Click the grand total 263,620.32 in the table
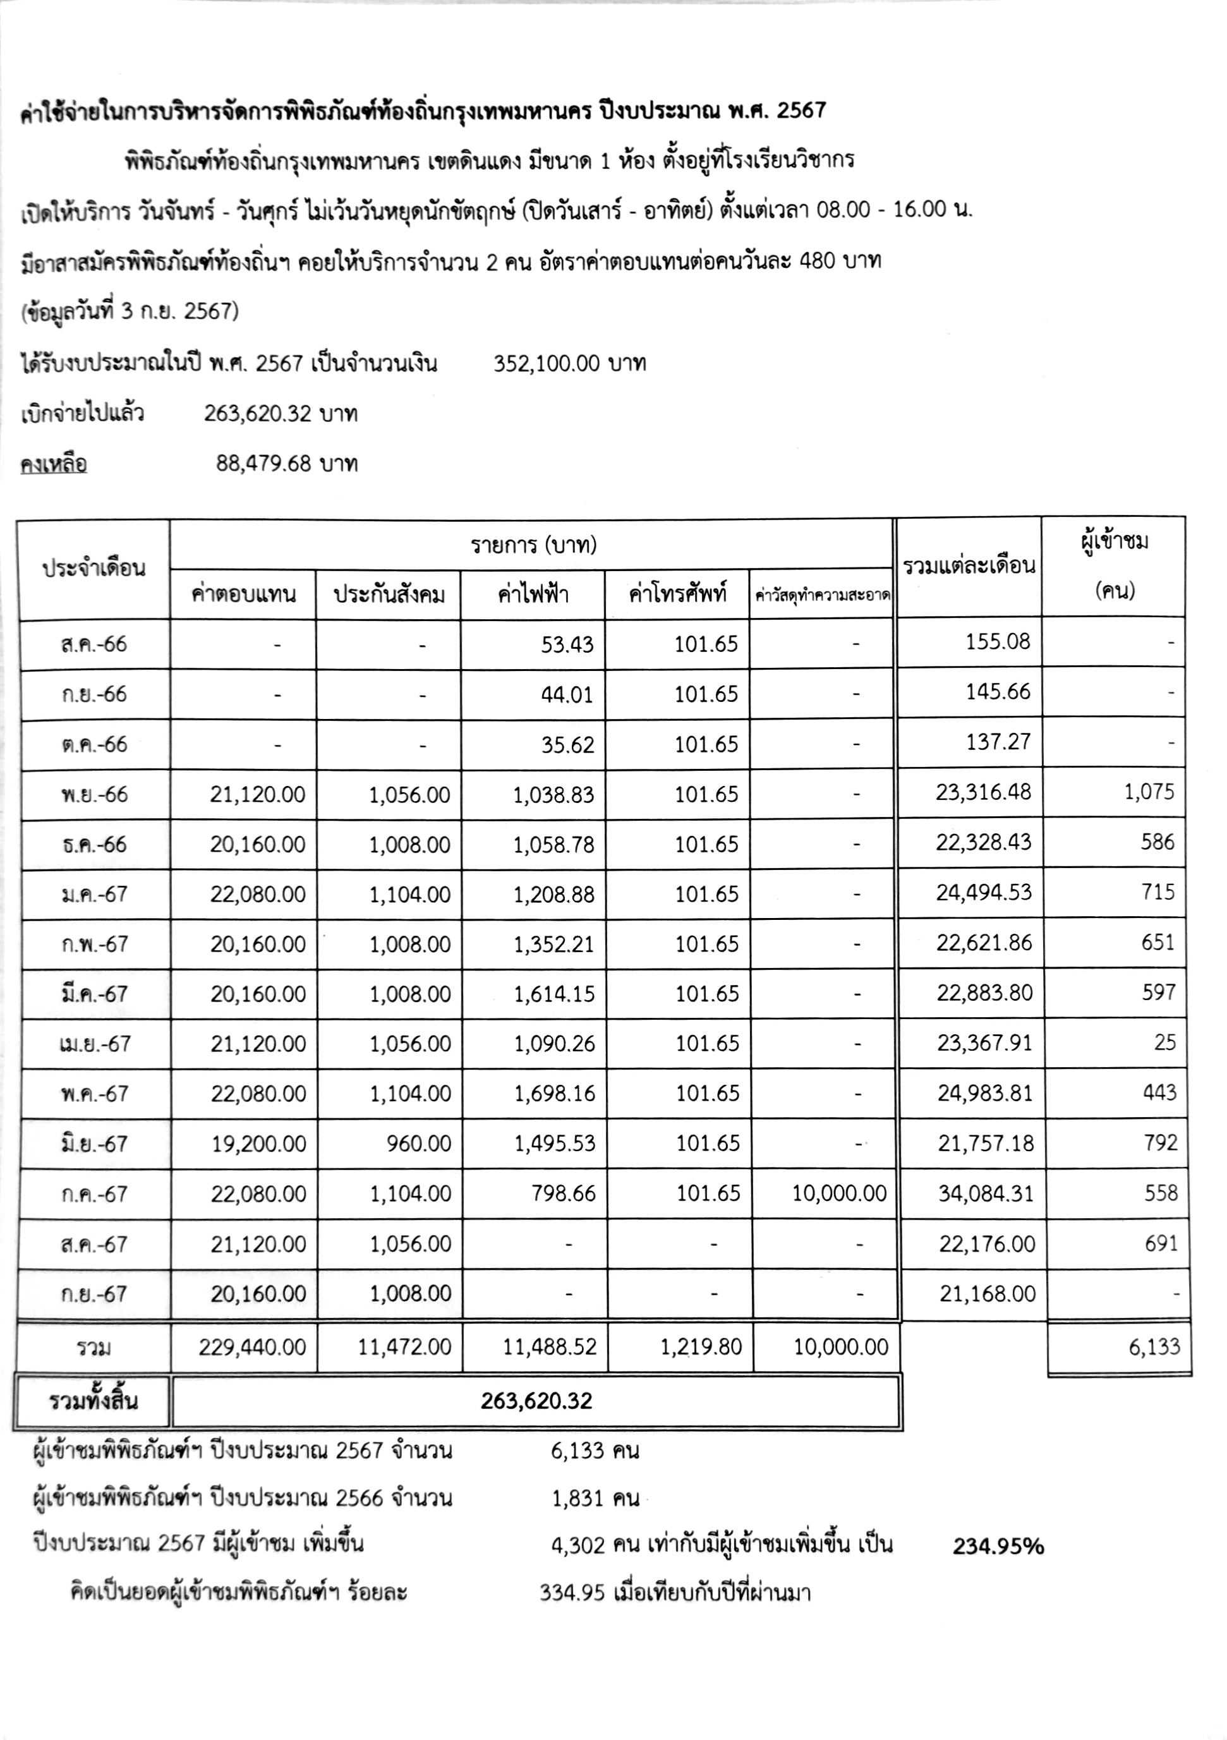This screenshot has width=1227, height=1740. pyautogui.click(x=536, y=1401)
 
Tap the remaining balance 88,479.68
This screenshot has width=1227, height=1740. pyautogui.click(x=263, y=463)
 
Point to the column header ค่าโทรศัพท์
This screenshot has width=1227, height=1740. pyautogui.click(x=677, y=594)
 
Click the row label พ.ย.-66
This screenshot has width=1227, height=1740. pyautogui.click(x=94, y=794)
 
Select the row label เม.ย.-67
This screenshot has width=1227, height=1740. pyautogui.click(x=94, y=1044)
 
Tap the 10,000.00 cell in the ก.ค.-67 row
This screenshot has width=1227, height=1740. pyautogui.click(x=839, y=1193)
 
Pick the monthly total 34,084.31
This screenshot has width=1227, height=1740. pyautogui.click(x=985, y=1193)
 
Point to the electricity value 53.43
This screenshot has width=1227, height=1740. pyautogui.click(x=567, y=645)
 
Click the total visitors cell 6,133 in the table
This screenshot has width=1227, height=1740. pyautogui.click(x=1154, y=1346)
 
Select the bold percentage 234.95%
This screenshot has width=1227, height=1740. pyautogui.click(x=998, y=1546)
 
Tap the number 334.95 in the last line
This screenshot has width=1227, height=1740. pyautogui.click(x=571, y=1592)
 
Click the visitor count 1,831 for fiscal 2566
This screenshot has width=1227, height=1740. pyautogui.click(x=577, y=1498)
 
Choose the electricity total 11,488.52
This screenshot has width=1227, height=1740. pyautogui.click(x=550, y=1346)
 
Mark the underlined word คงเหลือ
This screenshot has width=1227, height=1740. pyautogui.click(x=54, y=464)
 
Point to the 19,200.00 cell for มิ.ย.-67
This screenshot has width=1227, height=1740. pyautogui.click(x=258, y=1144)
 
